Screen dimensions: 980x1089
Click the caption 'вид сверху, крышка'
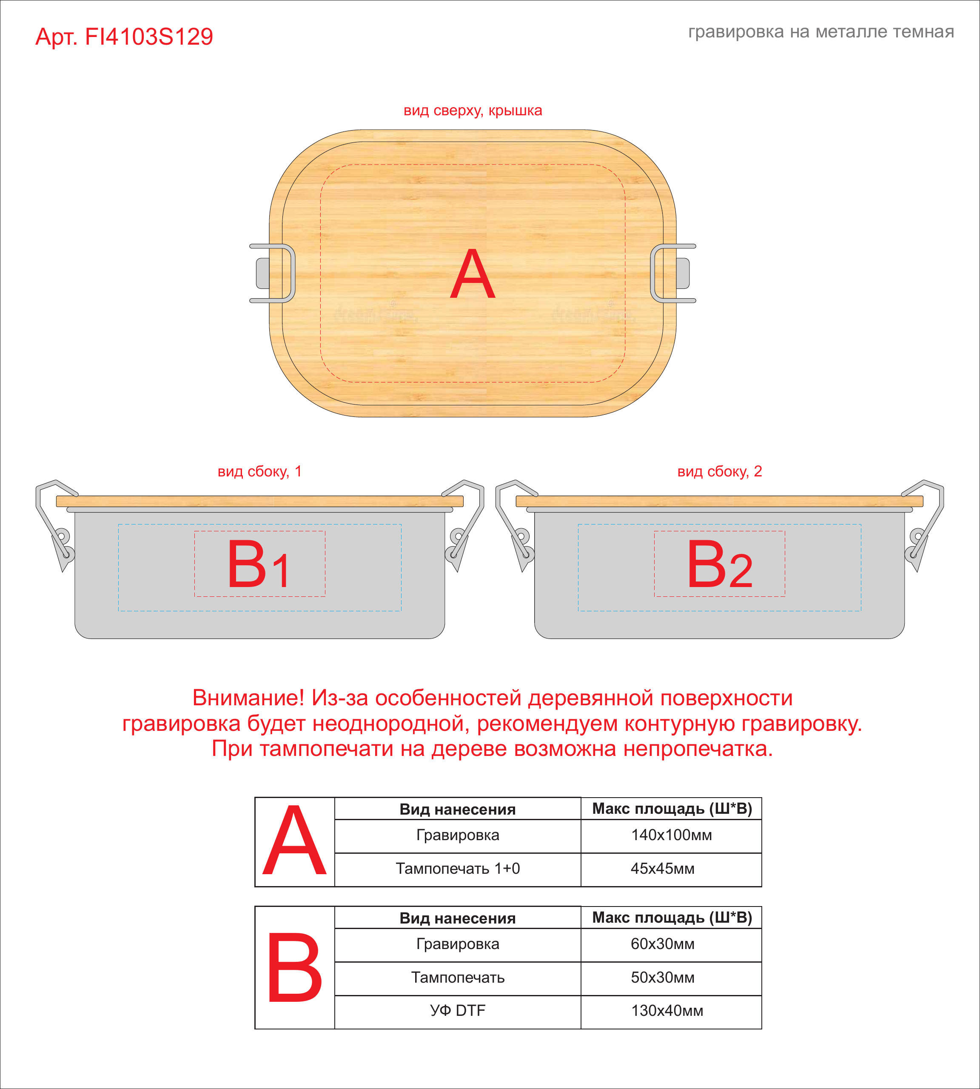473,111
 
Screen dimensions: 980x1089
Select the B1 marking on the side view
259,564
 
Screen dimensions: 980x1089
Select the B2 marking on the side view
719,564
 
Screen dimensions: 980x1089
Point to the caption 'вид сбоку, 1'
259,472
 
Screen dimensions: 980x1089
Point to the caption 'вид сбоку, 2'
719,472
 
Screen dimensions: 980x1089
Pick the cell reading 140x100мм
672,835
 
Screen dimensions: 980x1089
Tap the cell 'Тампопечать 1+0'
458,869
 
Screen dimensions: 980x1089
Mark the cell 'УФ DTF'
458,1011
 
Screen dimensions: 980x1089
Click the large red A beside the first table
294,841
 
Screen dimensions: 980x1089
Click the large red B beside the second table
294,968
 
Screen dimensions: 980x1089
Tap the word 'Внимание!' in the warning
248,698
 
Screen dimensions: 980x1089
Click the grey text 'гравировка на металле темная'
821,32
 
